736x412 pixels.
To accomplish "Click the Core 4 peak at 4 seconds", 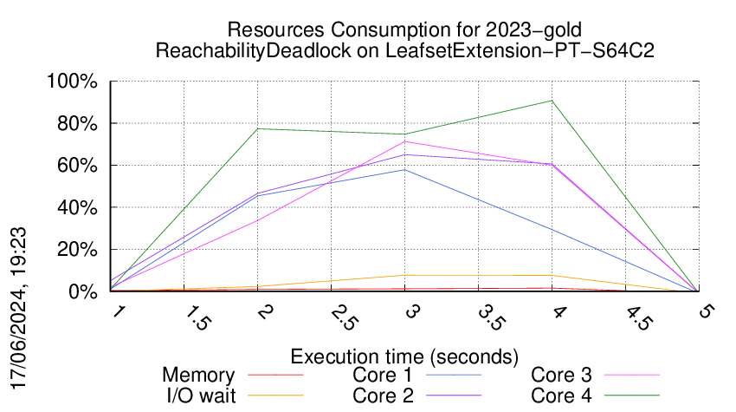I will pos(551,101).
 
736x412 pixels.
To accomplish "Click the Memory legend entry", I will pos(198,376).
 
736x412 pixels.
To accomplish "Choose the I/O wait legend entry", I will pos(198,396).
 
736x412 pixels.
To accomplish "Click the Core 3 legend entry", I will pos(561,376).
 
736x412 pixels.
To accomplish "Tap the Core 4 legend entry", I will pos(561,396).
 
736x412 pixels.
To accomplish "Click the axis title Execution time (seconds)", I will pos(404,356).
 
